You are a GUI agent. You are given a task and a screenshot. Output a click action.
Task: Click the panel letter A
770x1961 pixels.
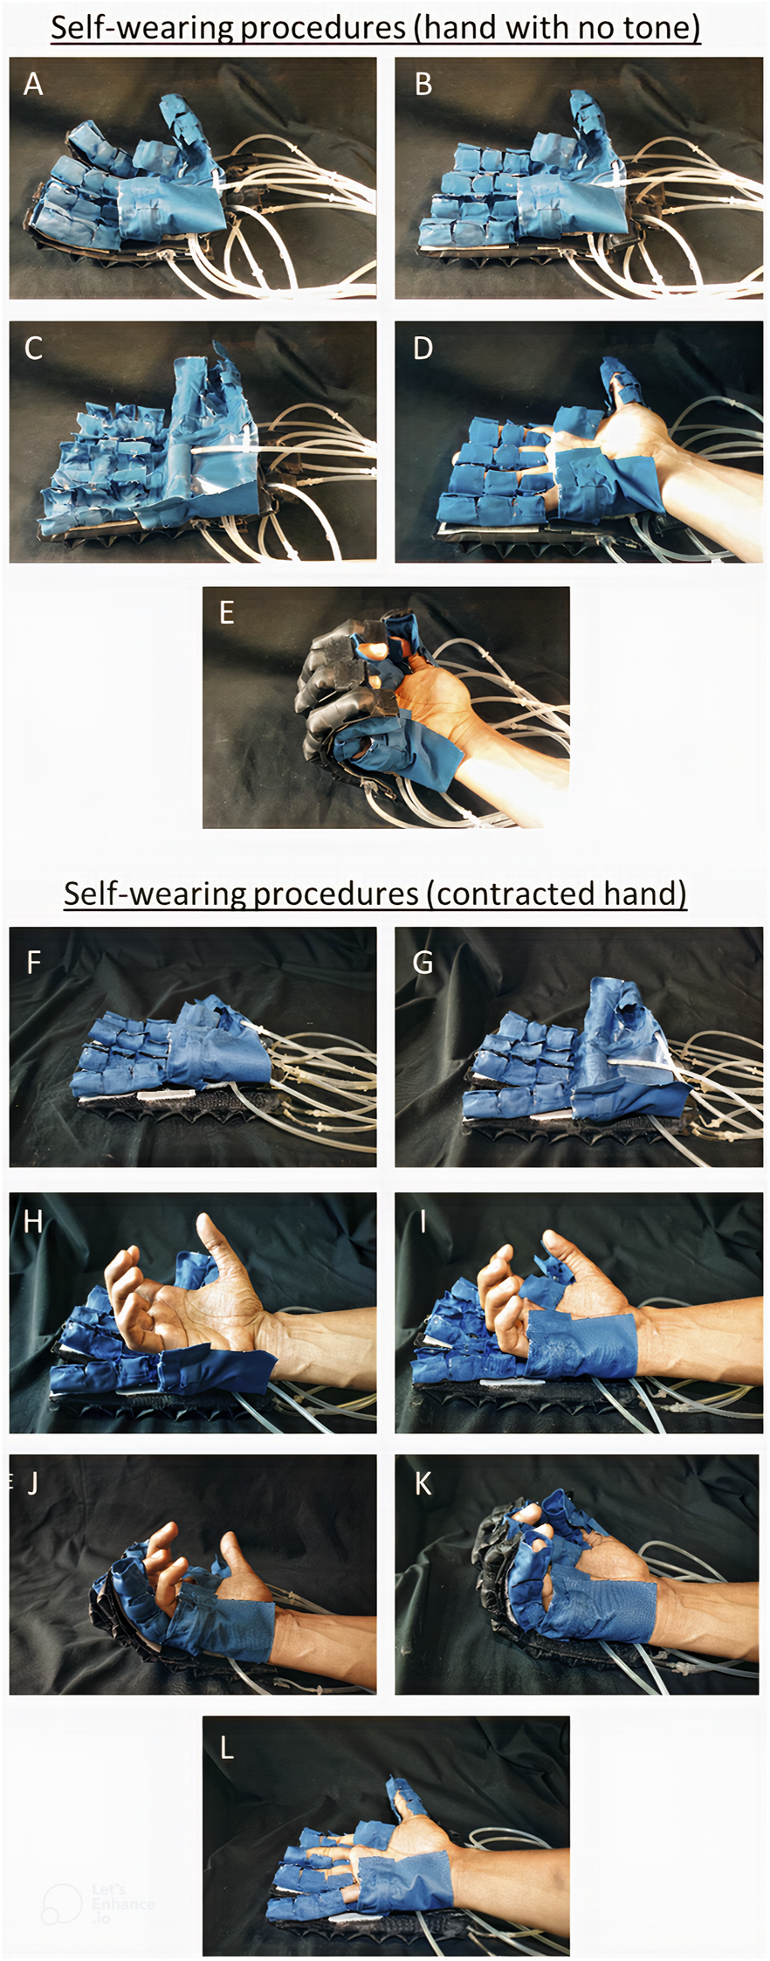click(x=33, y=85)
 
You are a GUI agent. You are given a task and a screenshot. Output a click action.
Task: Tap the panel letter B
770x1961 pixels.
click(x=423, y=85)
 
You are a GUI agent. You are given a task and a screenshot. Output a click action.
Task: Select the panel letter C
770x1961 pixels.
click(x=33, y=349)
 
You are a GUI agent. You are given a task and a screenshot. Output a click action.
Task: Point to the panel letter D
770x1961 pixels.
click(x=423, y=349)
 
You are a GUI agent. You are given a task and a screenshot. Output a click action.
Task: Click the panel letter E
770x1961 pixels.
click(x=227, y=613)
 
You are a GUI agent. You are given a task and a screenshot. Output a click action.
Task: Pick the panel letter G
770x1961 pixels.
click(x=423, y=963)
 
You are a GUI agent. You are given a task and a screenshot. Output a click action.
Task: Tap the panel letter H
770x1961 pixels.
click(x=33, y=1221)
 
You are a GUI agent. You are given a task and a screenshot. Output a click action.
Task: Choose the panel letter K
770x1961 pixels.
click(x=423, y=1484)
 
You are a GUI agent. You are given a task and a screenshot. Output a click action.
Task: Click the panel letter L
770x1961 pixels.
click(x=227, y=1748)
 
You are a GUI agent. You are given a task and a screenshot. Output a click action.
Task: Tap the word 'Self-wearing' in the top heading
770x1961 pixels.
click(x=142, y=29)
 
